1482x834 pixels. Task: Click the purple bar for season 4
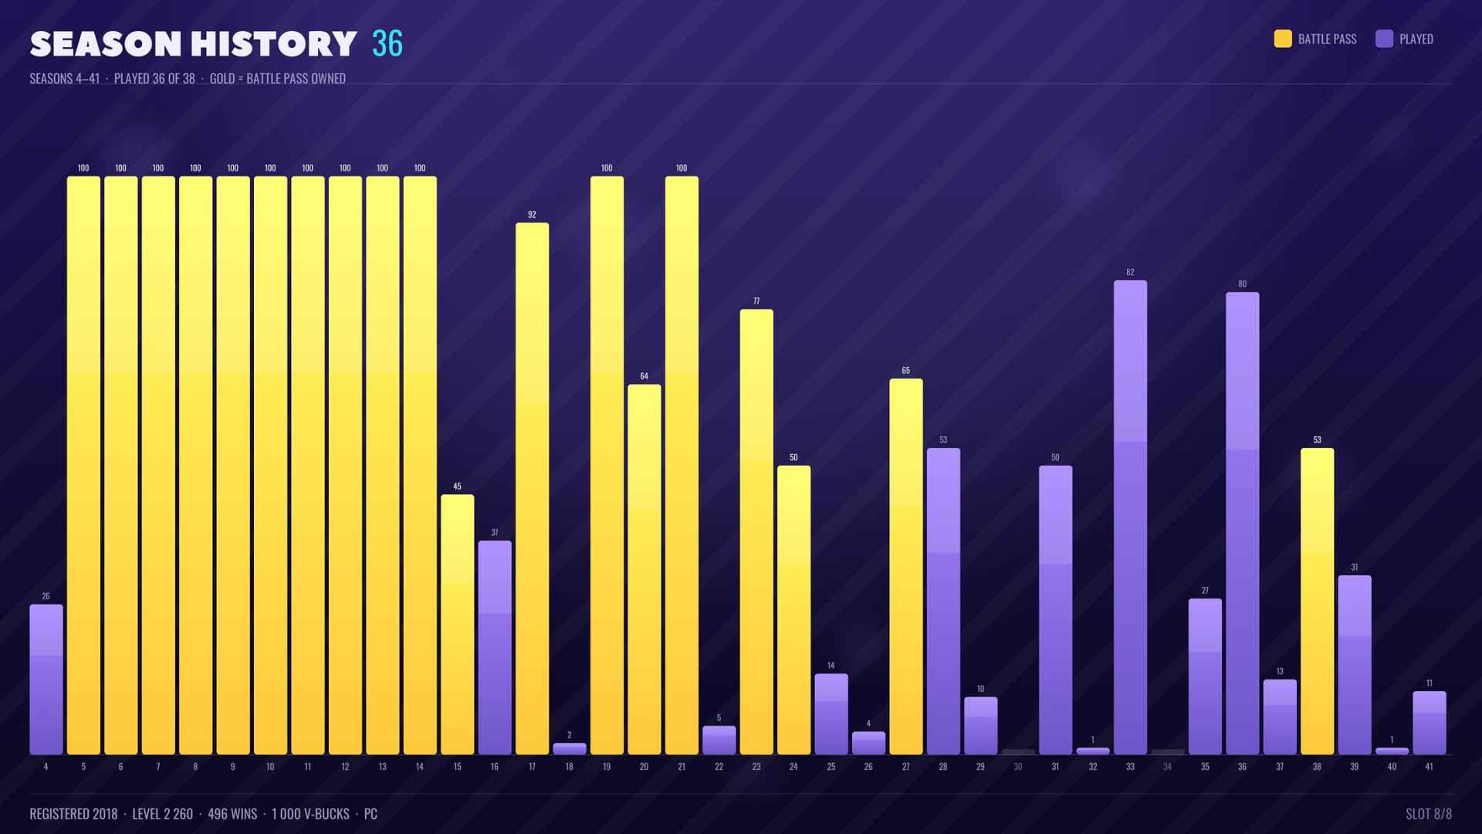[46, 679]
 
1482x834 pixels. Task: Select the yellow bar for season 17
[532, 488]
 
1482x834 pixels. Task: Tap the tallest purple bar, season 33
[1130, 517]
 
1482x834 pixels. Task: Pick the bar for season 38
[1317, 601]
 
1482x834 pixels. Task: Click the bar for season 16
[495, 647]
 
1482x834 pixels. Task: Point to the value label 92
[532, 215]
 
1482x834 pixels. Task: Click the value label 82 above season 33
[1130, 273]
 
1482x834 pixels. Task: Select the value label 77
[756, 301]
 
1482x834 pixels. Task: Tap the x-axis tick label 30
[1018, 767]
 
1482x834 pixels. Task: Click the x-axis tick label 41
[1429, 767]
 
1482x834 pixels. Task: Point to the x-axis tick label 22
[719, 767]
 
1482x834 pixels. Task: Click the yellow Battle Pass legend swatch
[1283, 39]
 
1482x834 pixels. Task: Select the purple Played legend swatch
[1384, 39]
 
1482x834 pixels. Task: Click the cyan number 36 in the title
[387, 44]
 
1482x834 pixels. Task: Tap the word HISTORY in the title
[274, 44]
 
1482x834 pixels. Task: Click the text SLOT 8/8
[1429, 814]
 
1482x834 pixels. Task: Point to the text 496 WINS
[232, 814]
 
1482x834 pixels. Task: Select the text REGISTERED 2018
[73, 814]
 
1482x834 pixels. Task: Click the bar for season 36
[1242, 523]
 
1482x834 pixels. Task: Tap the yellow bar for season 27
[906, 566]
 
